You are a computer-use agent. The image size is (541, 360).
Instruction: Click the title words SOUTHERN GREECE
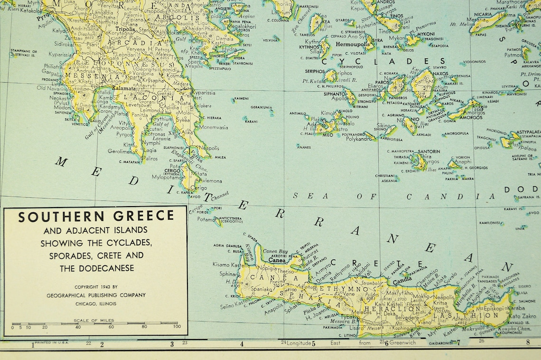[96, 217]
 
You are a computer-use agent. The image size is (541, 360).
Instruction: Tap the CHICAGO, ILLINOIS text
[96, 303]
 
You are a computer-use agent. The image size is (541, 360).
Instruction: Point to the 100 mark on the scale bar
[177, 327]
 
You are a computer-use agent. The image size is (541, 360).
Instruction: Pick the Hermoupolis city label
[353, 44]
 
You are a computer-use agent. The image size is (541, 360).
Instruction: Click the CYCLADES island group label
[383, 61]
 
